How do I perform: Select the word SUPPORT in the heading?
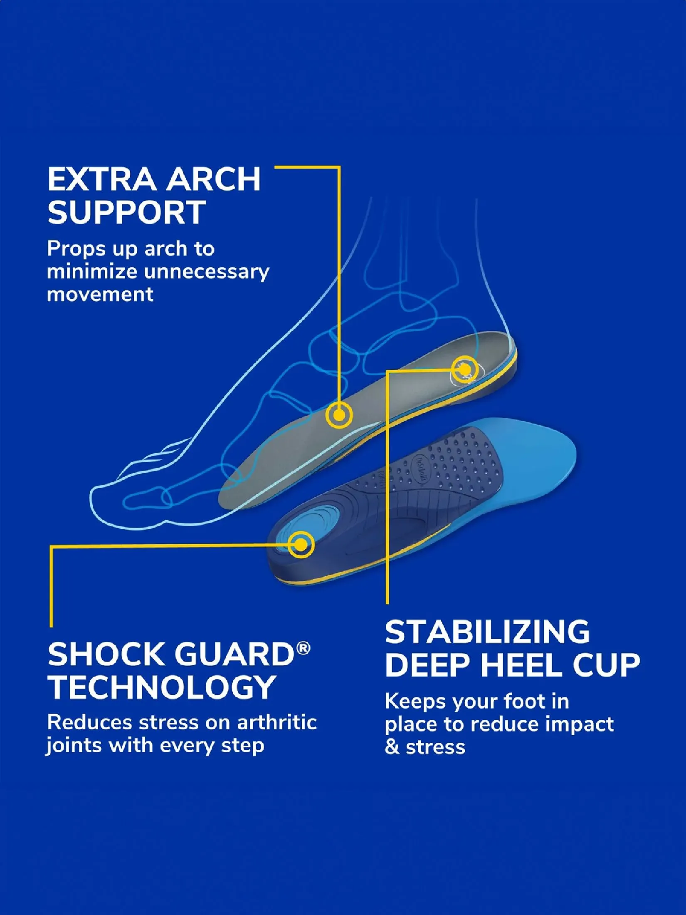[126, 212]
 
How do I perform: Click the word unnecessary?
[207, 272]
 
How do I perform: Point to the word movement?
[100, 295]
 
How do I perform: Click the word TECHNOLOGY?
[161, 687]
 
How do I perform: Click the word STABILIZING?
[487, 632]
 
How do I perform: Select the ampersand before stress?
[392, 747]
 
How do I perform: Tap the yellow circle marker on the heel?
[465, 369]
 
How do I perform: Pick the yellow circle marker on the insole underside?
[301, 544]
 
